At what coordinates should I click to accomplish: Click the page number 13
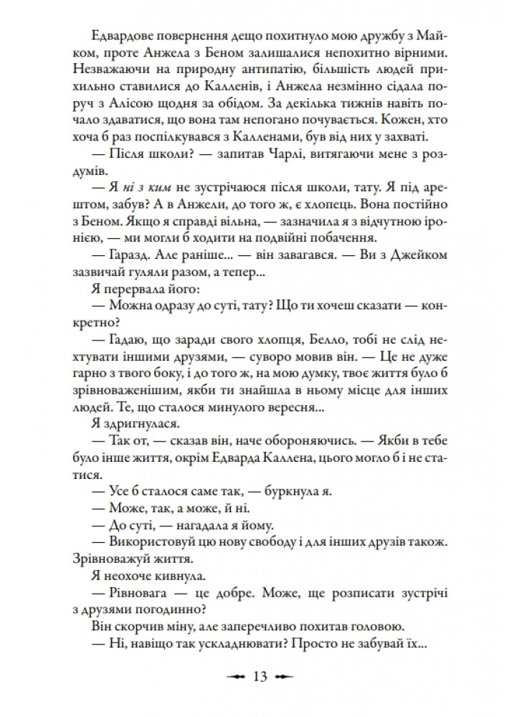pos(260,677)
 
